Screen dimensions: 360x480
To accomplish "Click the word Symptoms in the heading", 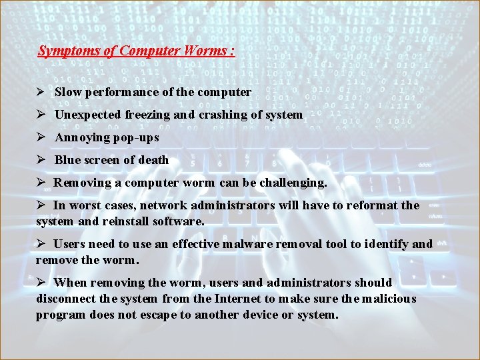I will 64,51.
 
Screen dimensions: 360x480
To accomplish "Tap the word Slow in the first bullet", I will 67,92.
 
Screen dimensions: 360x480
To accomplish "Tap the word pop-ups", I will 136,137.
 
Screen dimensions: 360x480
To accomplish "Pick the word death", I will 153,160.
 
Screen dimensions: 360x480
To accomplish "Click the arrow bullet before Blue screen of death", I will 41,160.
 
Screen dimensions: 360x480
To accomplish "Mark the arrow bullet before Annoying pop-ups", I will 41,137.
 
